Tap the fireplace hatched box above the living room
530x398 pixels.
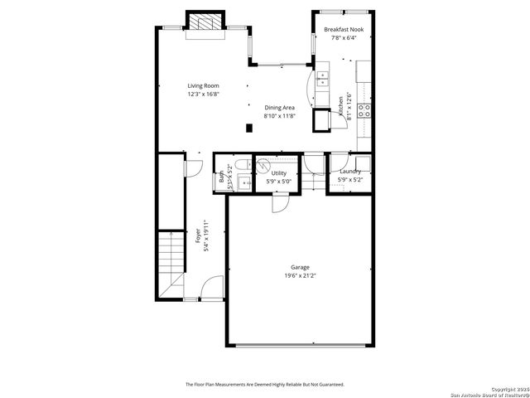[205, 22]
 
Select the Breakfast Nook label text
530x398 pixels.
[343, 29]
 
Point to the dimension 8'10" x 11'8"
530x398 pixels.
[279, 116]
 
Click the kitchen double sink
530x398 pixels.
[321, 80]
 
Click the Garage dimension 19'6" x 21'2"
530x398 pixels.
[300, 275]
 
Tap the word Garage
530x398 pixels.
[300, 267]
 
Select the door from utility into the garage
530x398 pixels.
[280, 201]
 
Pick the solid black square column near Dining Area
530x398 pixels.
[249, 127]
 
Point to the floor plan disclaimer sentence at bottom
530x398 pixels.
[265, 384]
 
